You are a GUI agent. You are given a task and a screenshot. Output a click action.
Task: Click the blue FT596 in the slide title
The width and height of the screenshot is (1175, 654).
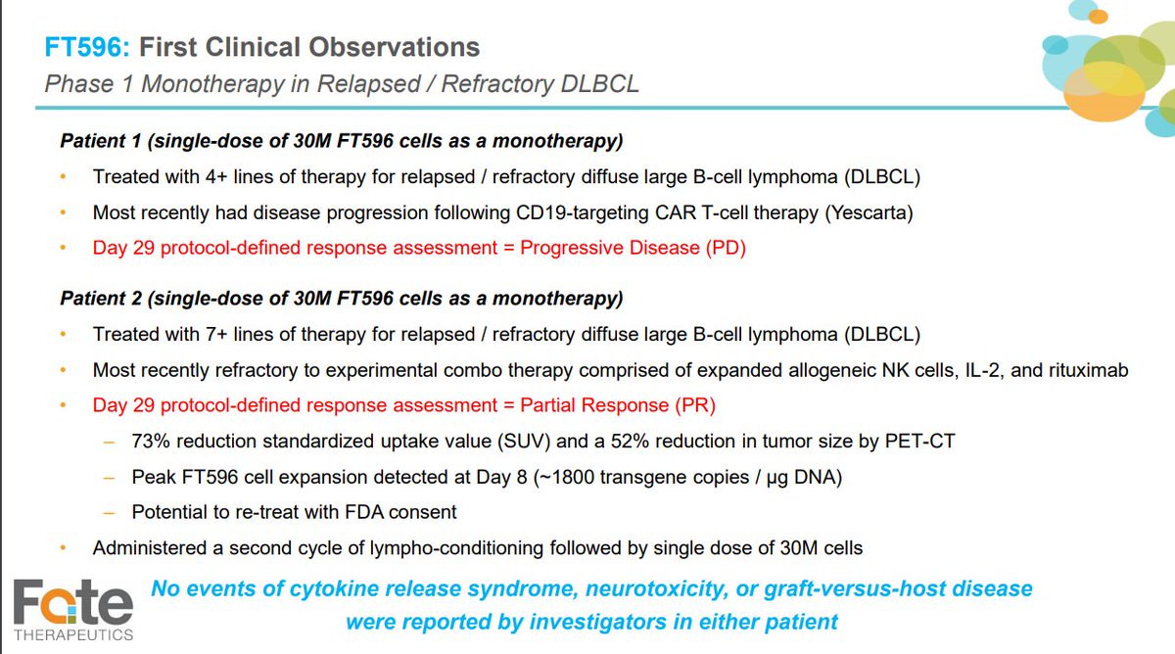tap(85, 46)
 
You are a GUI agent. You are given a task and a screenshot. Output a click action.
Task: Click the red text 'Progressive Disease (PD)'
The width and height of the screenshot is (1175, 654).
tap(633, 248)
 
